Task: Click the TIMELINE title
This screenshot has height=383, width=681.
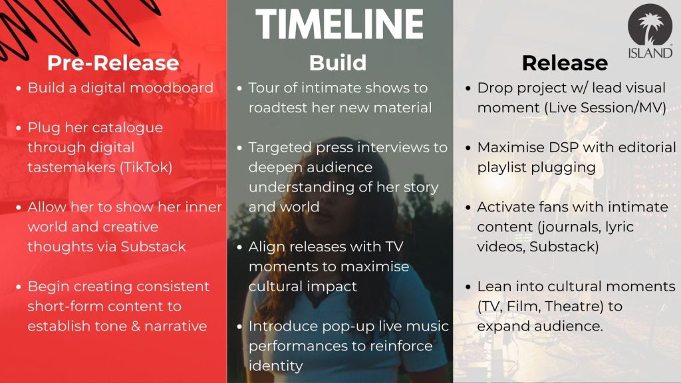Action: coord(340,24)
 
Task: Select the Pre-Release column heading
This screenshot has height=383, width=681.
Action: coord(113,63)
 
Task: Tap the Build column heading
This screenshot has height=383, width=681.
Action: coord(338,63)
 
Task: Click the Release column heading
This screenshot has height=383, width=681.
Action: coord(565,63)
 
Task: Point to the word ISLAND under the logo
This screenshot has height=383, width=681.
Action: coord(650,53)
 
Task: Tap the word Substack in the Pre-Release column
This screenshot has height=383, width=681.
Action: coord(154,247)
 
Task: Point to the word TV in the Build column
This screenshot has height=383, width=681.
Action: coord(394,247)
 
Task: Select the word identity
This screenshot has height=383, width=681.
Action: coord(275,366)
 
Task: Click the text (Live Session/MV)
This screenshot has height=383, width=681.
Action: coord(605,108)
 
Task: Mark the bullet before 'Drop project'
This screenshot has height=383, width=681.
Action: coord(468,88)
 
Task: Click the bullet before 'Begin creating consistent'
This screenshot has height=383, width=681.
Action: coord(18,287)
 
